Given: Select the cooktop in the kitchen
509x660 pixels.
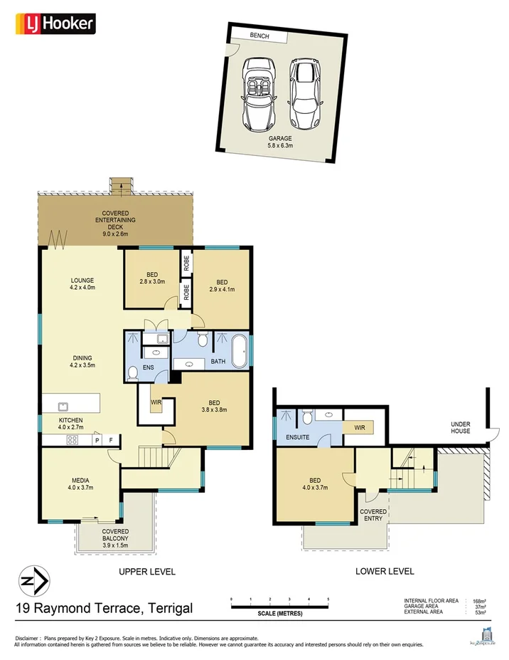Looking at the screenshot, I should click(x=72, y=440).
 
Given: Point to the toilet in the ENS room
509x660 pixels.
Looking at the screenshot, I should click(x=132, y=372).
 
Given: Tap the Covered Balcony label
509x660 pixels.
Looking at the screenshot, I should click(x=114, y=535).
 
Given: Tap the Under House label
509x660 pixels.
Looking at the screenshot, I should click(x=461, y=427).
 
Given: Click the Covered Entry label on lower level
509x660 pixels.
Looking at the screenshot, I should click(x=373, y=515).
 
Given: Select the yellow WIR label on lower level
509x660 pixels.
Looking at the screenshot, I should click(x=359, y=428).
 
